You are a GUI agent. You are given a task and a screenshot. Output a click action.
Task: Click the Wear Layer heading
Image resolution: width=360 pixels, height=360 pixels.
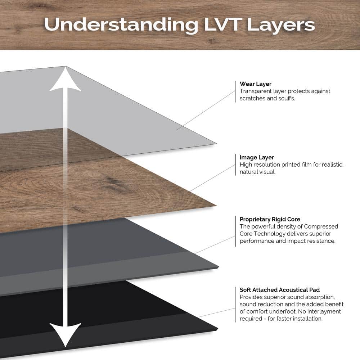pyautogui.click(x=256, y=84)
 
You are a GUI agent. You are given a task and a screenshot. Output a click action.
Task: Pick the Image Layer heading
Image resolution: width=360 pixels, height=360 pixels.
pyautogui.click(x=257, y=157)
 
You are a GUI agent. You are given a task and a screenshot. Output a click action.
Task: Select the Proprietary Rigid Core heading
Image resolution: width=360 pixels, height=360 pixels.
pyautogui.click(x=270, y=219)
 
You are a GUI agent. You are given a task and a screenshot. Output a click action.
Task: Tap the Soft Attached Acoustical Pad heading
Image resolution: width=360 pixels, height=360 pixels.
pyautogui.click(x=280, y=290)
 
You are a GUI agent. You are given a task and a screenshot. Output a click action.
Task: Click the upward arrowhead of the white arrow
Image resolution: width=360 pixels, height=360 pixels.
pyautogui.click(x=65, y=80)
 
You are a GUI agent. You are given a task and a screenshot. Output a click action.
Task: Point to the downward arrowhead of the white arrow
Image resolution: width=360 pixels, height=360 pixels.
pyautogui.click(x=65, y=335)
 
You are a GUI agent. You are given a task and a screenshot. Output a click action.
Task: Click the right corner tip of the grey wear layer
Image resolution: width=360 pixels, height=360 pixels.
pyautogui.click(x=216, y=143)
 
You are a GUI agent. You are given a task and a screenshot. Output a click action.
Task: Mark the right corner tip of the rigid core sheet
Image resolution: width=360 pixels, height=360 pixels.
pyautogui.click(x=218, y=267)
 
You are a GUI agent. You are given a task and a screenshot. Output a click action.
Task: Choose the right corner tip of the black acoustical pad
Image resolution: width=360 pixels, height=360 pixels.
pyautogui.click(x=218, y=329)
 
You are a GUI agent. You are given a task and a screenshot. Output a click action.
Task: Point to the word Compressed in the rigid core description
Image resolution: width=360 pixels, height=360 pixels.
pyautogui.click(x=321, y=226)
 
